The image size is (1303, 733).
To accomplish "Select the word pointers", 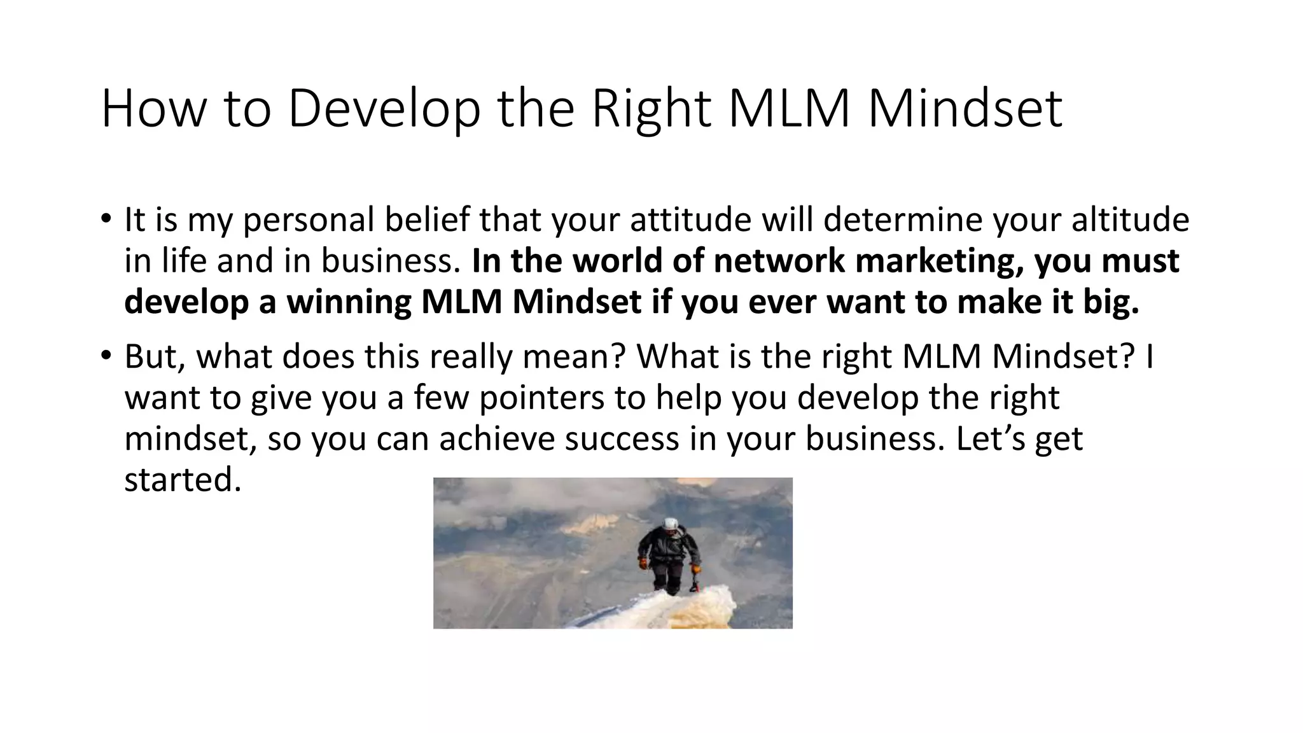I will [541, 398].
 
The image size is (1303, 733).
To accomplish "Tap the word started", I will [183, 480].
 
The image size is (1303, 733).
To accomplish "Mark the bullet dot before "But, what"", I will [105, 354].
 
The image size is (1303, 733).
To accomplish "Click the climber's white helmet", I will [671, 524].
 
